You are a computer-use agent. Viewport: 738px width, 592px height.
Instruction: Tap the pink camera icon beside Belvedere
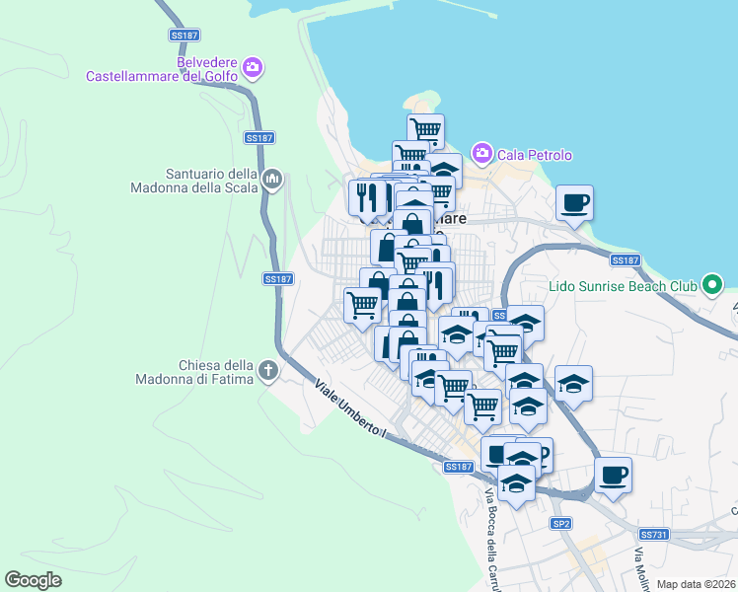[254, 67]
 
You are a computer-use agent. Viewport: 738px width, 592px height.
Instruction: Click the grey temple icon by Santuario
[272, 180]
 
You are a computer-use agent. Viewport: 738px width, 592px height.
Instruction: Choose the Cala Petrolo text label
[535, 155]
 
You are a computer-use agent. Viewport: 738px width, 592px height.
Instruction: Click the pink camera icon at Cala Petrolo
[482, 152]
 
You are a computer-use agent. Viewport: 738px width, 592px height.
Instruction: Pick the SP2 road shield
[561, 523]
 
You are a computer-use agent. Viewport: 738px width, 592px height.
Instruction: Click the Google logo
[34, 579]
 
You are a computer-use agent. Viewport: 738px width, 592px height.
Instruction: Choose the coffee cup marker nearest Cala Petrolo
[574, 202]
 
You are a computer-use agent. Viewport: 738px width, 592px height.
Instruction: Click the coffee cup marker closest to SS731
[613, 475]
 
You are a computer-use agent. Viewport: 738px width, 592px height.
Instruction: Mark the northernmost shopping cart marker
[425, 129]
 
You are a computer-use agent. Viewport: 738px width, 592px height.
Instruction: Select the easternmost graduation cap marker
[573, 383]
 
